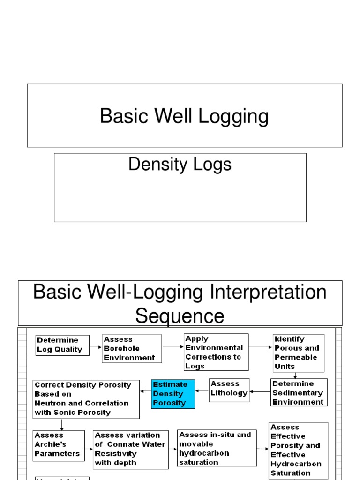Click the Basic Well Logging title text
tap(184, 116)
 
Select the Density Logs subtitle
tap(180, 165)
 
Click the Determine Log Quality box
tap(62, 345)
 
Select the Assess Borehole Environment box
tap(132, 348)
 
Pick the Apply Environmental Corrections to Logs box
tap(216, 352)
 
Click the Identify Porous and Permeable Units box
tap(299, 352)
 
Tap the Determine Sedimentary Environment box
tap(299, 392)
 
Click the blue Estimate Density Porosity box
tap(172, 394)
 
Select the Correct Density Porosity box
tap(86, 399)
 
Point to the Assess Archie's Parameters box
tap(59, 446)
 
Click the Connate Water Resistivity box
tap(130, 450)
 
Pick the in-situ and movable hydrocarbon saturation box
tap(217, 448)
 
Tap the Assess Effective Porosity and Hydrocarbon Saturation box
tap(298, 450)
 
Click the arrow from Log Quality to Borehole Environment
tap(96, 347)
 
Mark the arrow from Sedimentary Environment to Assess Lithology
tap(260, 392)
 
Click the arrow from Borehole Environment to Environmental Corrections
tap(172, 347)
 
